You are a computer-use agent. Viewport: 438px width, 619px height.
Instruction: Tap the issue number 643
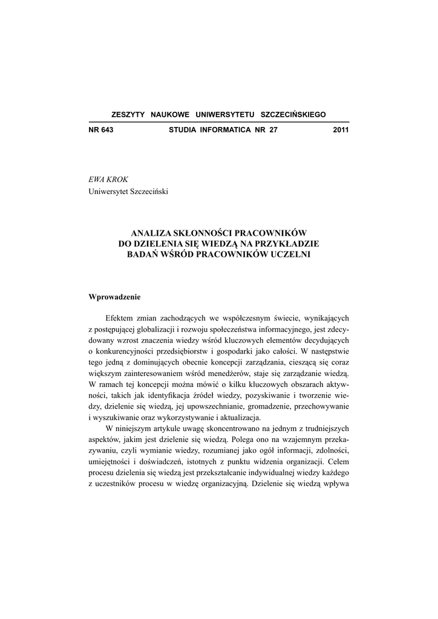[x=107, y=130]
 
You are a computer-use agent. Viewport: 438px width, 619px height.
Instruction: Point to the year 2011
[x=341, y=130]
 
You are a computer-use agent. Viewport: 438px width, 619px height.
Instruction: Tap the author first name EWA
[x=97, y=180]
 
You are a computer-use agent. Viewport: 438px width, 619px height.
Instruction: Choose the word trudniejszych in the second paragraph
[x=324, y=430]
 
